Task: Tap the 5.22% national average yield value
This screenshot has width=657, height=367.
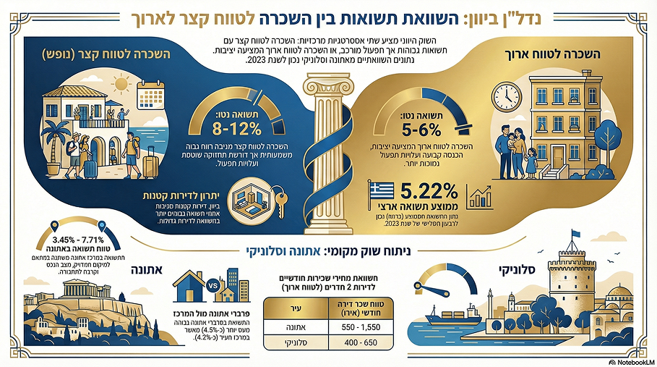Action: pyautogui.click(x=426, y=194)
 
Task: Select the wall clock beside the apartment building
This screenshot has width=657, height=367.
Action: pyautogui.click(x=506, y=95)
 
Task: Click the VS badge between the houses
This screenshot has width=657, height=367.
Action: pyautogui.click(x=213, y=285)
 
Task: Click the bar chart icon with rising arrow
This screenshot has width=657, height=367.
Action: pyautogui.click(x=480, y=198)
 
